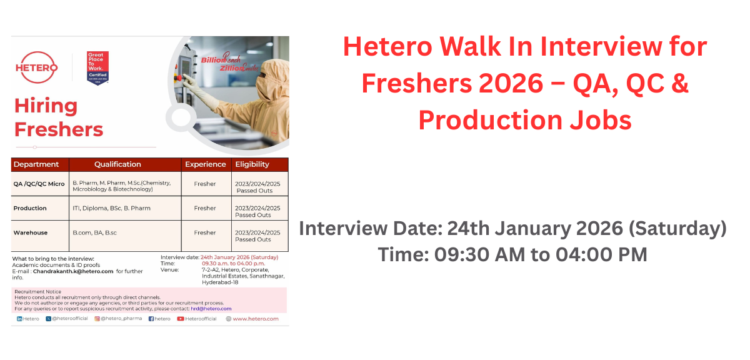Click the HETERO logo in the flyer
(x=37, y=67)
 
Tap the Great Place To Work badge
(x=97, y=67)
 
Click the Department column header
(x=36, y=164)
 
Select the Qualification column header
(x=117, y=164)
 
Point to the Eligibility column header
(x=252, y=164)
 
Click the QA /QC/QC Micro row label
(x=39, y=184)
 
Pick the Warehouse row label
(x=31, y=232)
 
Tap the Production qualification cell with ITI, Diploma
(x=111, y=208)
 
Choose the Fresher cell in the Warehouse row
(x=204, y=232)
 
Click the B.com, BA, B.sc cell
(x=95, y=232)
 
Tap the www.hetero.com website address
(x=256, y=319)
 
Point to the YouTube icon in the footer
(x=180, y=319)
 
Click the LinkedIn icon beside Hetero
(x=19, y=319)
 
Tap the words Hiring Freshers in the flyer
(x=58, y=117)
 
